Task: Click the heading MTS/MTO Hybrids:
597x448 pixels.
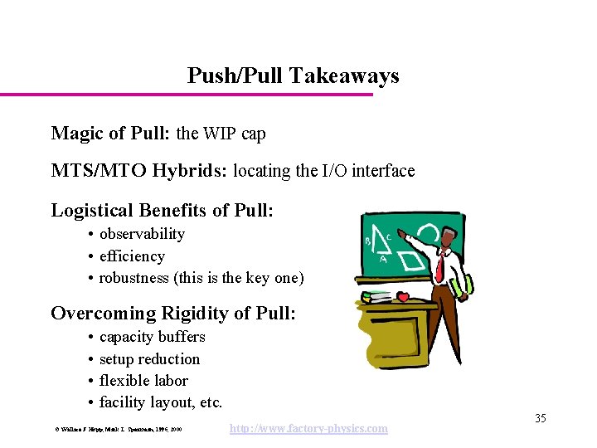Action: [x=139, y=171]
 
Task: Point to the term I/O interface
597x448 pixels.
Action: [x=367, y=171]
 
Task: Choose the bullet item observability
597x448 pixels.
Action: [x=142, y=234]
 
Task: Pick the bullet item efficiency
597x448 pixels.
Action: [x=132, y=256]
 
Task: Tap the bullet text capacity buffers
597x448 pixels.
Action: [x=152, y=337]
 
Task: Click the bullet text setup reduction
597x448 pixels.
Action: [x=149, y=359]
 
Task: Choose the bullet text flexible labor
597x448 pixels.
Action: [x=143, y=381]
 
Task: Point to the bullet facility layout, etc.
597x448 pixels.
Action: [x=161, y=403]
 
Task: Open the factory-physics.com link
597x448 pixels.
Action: [x=308, y=428]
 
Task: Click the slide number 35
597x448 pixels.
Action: [x=540, y=418]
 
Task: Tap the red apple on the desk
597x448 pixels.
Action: [x=404, y=296]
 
